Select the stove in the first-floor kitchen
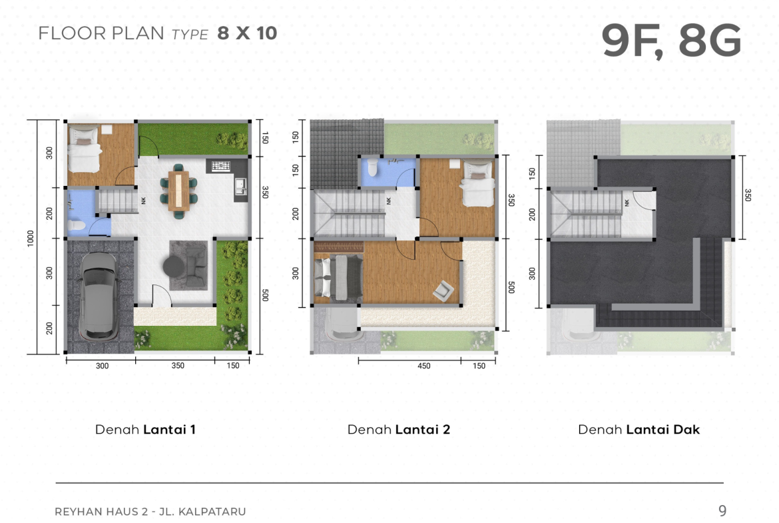[220, 166]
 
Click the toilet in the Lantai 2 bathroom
[373, 168]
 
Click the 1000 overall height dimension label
[31, 238]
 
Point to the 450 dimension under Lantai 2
[423, 366]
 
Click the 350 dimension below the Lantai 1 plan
[178, 366]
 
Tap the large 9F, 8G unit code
[671, 40]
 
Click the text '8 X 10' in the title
[247, 33]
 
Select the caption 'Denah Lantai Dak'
[639, 430]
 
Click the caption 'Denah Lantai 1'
[145, 430]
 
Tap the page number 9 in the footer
[722, 510]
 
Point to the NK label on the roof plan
[627, 203]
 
